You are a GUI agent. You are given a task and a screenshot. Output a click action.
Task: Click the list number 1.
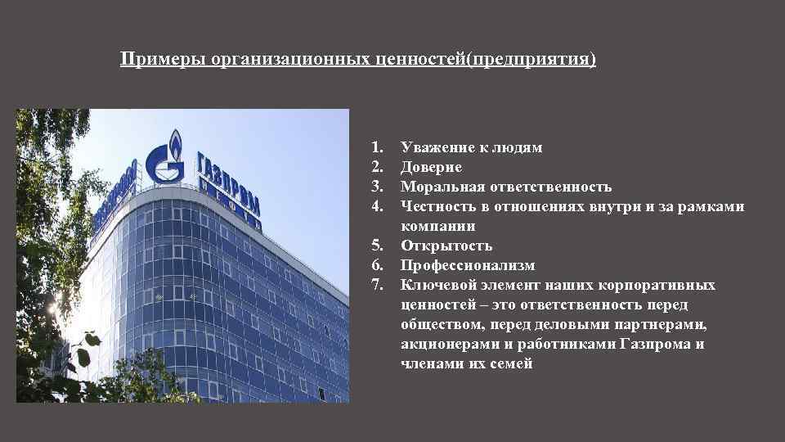376,148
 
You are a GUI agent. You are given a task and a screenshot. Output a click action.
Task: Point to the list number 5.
376,246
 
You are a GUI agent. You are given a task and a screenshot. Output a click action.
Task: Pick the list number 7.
376,286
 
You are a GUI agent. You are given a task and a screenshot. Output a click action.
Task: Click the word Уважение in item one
432,148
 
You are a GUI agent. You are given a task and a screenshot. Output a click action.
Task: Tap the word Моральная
439,187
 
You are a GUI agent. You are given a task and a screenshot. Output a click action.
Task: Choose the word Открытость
446,246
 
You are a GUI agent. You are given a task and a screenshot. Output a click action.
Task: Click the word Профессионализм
468,266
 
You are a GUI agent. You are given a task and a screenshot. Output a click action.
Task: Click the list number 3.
376,187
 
